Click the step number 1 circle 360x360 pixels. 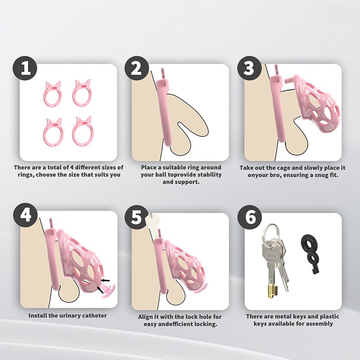pos(25,68)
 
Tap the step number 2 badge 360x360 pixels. pos(137,68)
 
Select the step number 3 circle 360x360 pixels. pos(249,68)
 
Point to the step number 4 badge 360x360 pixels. pos(25,216)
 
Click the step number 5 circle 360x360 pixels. pos(137,217)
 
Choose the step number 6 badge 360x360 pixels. pos(250,217)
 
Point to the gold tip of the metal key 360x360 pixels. pos(272,291)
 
